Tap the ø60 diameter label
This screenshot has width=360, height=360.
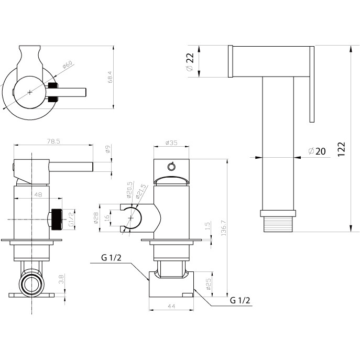[67, 66]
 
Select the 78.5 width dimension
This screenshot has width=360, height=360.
[52, 141]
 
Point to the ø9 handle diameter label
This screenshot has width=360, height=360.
[108, 150]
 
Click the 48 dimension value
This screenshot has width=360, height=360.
[38, 193]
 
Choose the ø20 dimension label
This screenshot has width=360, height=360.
[317, 151]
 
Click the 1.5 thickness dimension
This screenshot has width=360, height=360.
[209, 227]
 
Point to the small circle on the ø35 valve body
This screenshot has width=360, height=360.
[170, 167]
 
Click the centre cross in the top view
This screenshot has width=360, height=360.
[30, 92]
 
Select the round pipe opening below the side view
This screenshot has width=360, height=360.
[30, 285]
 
